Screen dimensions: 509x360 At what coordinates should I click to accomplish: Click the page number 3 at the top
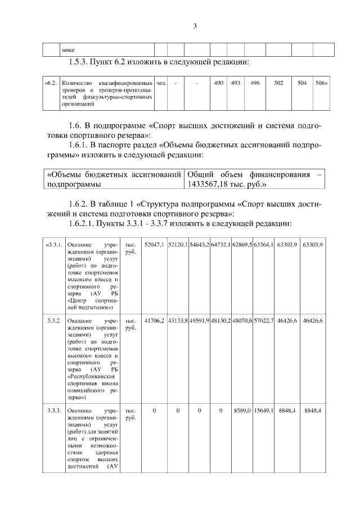tap(194, 26)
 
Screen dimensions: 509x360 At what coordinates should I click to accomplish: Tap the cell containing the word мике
tap(68, 49)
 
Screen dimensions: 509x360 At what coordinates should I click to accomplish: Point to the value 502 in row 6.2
tap(278, 83)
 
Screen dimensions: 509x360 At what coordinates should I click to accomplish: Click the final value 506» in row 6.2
tap(321, 83)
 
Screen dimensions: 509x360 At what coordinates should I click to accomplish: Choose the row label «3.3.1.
tap(54, 245)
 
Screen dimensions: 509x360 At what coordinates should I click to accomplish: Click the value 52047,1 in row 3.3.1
tap(154, 245)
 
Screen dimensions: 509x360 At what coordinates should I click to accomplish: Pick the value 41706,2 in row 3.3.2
tap(154, 320)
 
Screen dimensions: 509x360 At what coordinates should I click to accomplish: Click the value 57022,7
tap(263, 320)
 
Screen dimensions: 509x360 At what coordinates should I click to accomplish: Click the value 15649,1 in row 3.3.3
tap(263, 411)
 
